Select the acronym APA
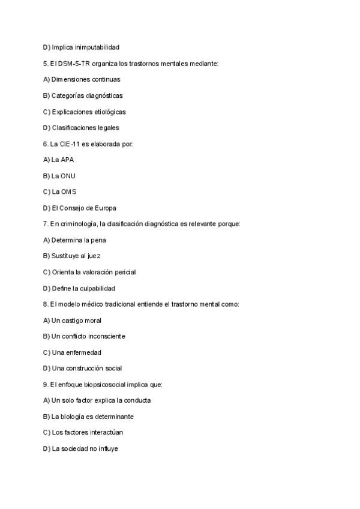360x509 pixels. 67,160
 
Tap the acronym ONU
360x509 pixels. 68,176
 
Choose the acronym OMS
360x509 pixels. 68,191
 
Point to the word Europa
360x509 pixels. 106,208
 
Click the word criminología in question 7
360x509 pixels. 79,224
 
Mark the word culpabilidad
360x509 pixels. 95,288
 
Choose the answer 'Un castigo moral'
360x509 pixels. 73,320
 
